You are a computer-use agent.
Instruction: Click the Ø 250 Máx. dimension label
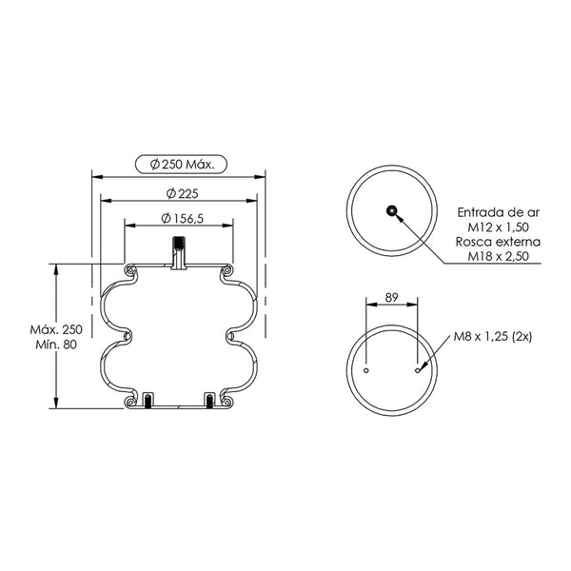182,165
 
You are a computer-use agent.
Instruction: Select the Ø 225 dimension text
182,193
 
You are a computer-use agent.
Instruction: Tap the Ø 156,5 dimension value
182,219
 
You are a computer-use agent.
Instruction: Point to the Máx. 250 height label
56,329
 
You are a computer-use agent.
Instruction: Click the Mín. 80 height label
56,345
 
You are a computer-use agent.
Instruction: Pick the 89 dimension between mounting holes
391,298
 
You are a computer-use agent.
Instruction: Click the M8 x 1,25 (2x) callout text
493,336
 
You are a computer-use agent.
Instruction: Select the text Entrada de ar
498,212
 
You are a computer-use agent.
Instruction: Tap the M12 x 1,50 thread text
498,226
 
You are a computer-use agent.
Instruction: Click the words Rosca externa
498,242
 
